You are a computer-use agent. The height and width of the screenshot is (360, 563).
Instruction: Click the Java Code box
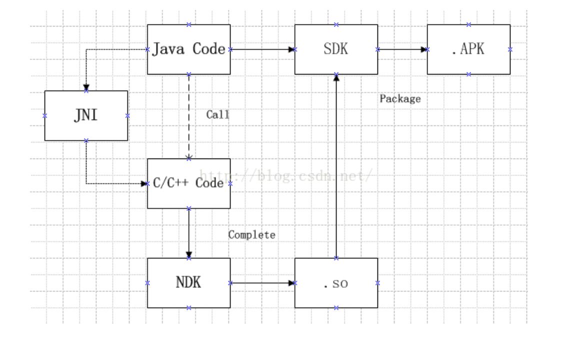click(x=188, y=49)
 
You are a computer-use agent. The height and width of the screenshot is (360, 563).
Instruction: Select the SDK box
click(x=335, y=49)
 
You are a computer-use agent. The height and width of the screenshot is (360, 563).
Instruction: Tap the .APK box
click(x=468, y=49)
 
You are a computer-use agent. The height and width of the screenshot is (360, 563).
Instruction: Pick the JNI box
click(x=86, y=115)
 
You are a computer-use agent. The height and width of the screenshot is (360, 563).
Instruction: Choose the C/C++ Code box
click(x=188, y=183)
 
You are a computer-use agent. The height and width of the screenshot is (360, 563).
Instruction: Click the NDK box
click(x=188, y=282)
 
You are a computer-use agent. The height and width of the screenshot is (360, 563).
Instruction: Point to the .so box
click(x=335, y=283)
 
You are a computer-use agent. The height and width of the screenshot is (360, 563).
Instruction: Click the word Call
click(x=217, y=114)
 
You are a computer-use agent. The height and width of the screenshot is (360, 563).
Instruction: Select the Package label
click(x=400, y=99)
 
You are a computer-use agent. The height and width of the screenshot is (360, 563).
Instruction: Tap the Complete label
click(x=251, y=234)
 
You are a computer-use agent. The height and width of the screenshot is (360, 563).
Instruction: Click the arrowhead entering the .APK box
click(x=424, y=49)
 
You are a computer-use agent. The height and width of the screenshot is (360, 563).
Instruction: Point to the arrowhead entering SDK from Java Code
click(x=291, y=49)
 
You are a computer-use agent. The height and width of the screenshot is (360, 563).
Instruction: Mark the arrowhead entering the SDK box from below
click(x=336, y=77)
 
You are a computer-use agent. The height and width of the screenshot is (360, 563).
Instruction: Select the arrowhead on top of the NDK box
click(x=188, y=254)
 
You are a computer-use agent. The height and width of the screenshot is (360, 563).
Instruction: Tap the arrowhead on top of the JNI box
click(x=86, y=87)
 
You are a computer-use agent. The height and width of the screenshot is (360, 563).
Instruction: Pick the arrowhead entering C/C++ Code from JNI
click(x=144, y=183)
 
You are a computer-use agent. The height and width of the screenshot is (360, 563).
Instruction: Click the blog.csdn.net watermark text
click(x=285, y=176)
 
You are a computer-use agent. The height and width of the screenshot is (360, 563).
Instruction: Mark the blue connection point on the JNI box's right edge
click(x=127, y=115)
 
